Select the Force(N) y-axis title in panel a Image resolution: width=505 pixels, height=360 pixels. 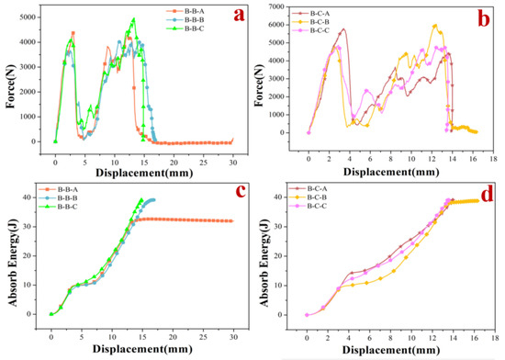[x=11, y=81]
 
